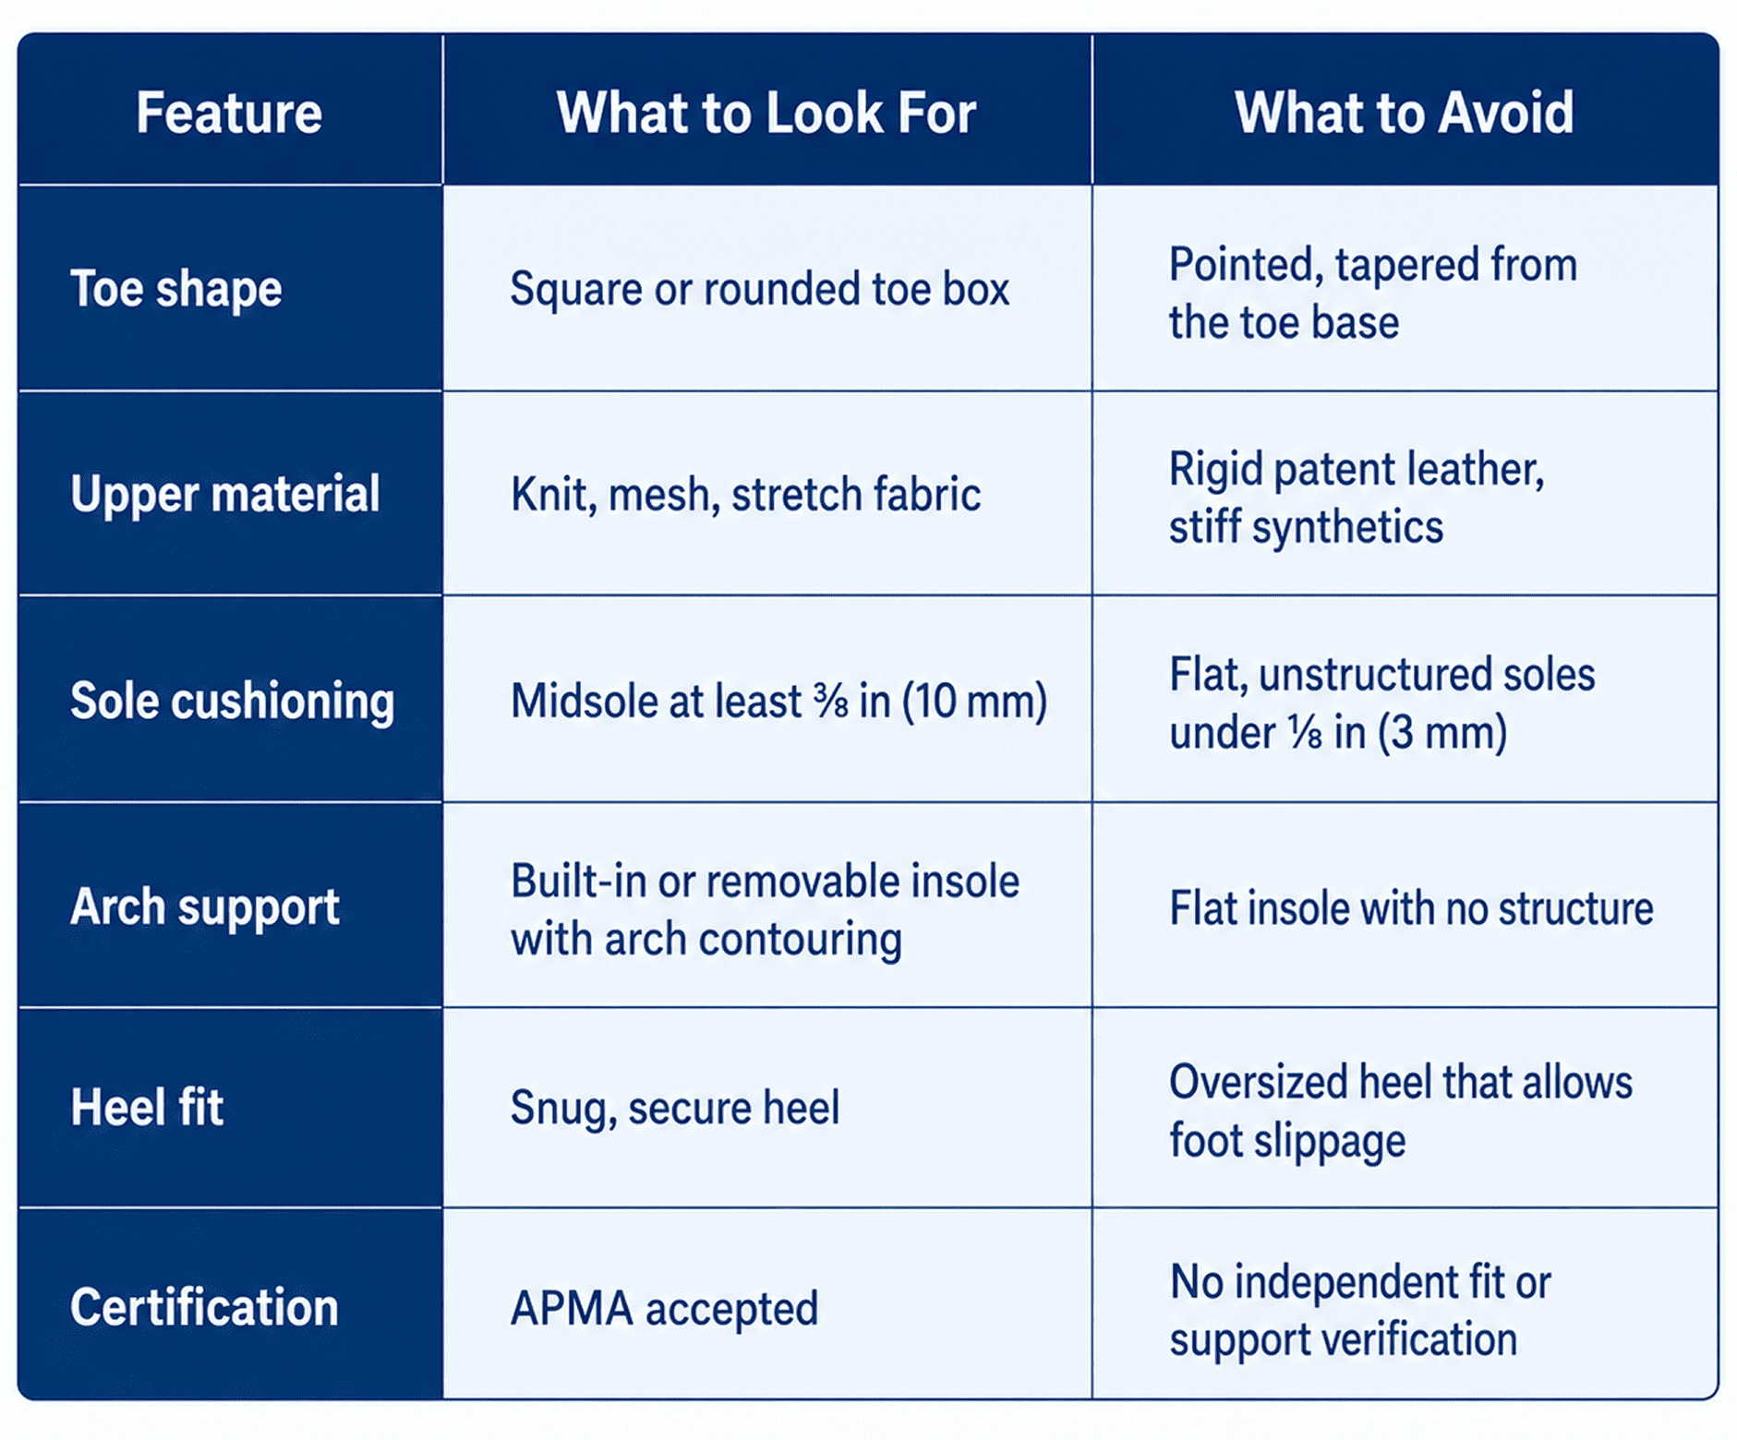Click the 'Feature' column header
[229, 113]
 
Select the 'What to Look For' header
[766, 113]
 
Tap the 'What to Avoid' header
[1404, 113]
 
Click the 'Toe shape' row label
[176, 290]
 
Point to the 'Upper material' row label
[225, 495]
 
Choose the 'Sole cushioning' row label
[233, 701]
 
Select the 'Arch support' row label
[205, 907]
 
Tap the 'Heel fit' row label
[147, 1108]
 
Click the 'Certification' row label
[204, 1308]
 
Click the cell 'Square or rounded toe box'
[760, 290]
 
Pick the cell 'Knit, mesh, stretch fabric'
[745, 495]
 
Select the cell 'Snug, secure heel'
[675, 1108]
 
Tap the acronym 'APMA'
[572, 1309]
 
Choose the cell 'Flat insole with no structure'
[1411, 908]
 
